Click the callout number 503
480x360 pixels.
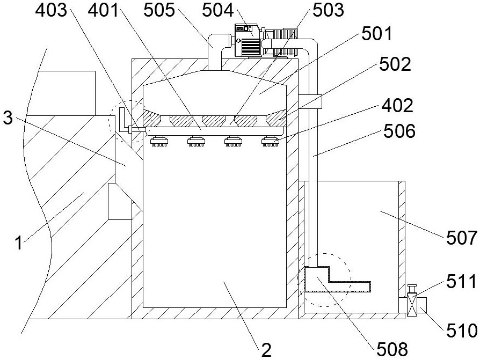[x=328, y=10]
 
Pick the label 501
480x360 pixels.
[x=376, y=34]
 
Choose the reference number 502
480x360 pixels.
[x=395, y=64]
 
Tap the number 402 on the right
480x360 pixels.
[x=397, y=106]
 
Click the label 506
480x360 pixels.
[x=399, y=131]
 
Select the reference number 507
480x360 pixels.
[x=462, y=238]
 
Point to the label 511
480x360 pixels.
[x=461, y=281]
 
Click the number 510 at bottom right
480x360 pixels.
[x=462, y=331]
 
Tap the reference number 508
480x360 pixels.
[x=392, y=349]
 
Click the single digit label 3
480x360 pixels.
[x=8, y=118]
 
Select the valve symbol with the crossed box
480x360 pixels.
[x=412, y=306]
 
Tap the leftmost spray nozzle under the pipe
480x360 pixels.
[x=159, y=141]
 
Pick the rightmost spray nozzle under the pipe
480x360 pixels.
[x=270, y=141]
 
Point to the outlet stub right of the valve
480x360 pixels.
[x=422, y=305]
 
